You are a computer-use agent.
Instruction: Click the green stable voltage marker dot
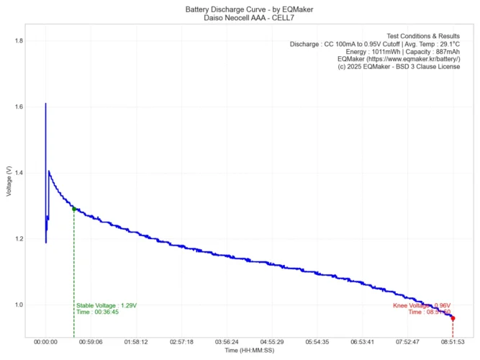(74, 209)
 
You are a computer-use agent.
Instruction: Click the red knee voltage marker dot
(453, 318)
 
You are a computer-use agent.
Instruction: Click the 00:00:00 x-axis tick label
(45, 343)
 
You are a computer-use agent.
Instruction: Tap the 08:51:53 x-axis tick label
(453, 343)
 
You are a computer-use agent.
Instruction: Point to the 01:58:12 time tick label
(136, 343)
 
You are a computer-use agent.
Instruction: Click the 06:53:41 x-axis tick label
(362, 343)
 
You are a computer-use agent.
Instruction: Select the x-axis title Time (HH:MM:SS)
(249, 351)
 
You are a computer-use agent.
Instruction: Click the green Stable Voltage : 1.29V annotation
(107, 305)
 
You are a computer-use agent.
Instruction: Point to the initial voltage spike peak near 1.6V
(45, 105)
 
